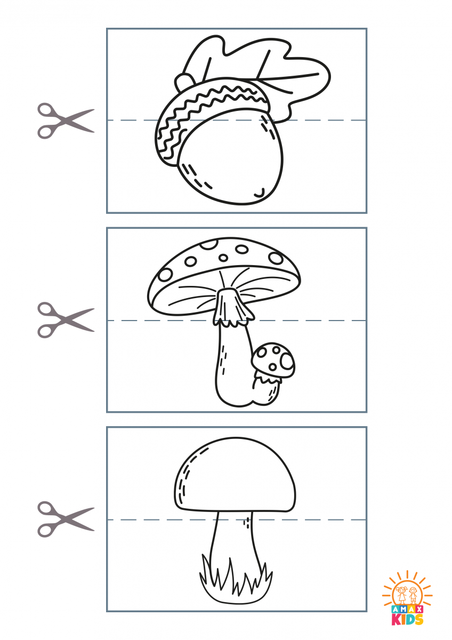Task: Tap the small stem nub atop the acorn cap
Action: coord(183,81)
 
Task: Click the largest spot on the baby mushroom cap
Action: coord(287,361)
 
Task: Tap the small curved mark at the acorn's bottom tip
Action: coord(260,194)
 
